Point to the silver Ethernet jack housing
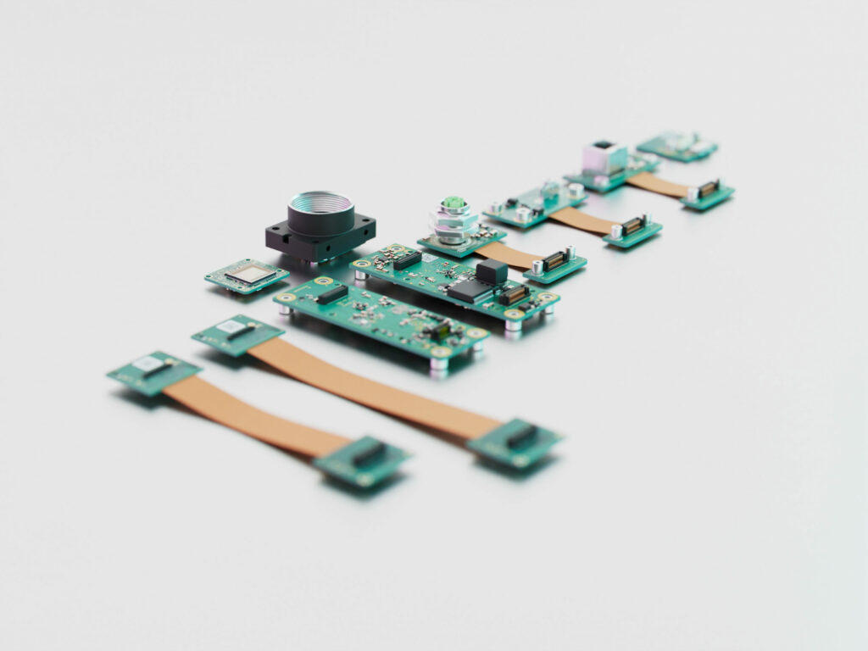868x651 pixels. (604, 158)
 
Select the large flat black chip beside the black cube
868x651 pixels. (470, 291)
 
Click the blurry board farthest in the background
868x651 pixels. (676, 145)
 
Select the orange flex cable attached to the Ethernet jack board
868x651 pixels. (658, 185)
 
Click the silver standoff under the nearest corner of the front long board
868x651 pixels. (438, 364)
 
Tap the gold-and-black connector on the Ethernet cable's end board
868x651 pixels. (708, 189)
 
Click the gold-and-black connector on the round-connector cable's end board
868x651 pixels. (555, 261)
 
